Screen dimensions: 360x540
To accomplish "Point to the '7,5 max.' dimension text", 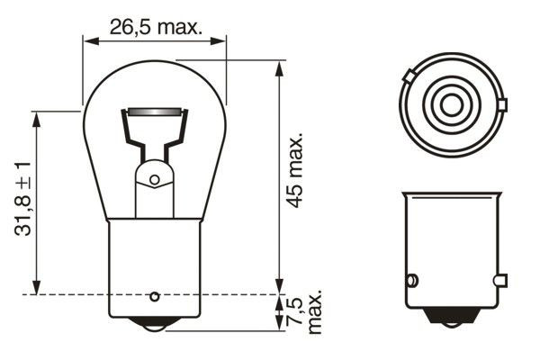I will [305, 311].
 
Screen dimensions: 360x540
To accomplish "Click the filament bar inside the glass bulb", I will [154, 112].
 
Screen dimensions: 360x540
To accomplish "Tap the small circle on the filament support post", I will [154, 179].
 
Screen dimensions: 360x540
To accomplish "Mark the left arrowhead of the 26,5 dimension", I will [87, 40].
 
